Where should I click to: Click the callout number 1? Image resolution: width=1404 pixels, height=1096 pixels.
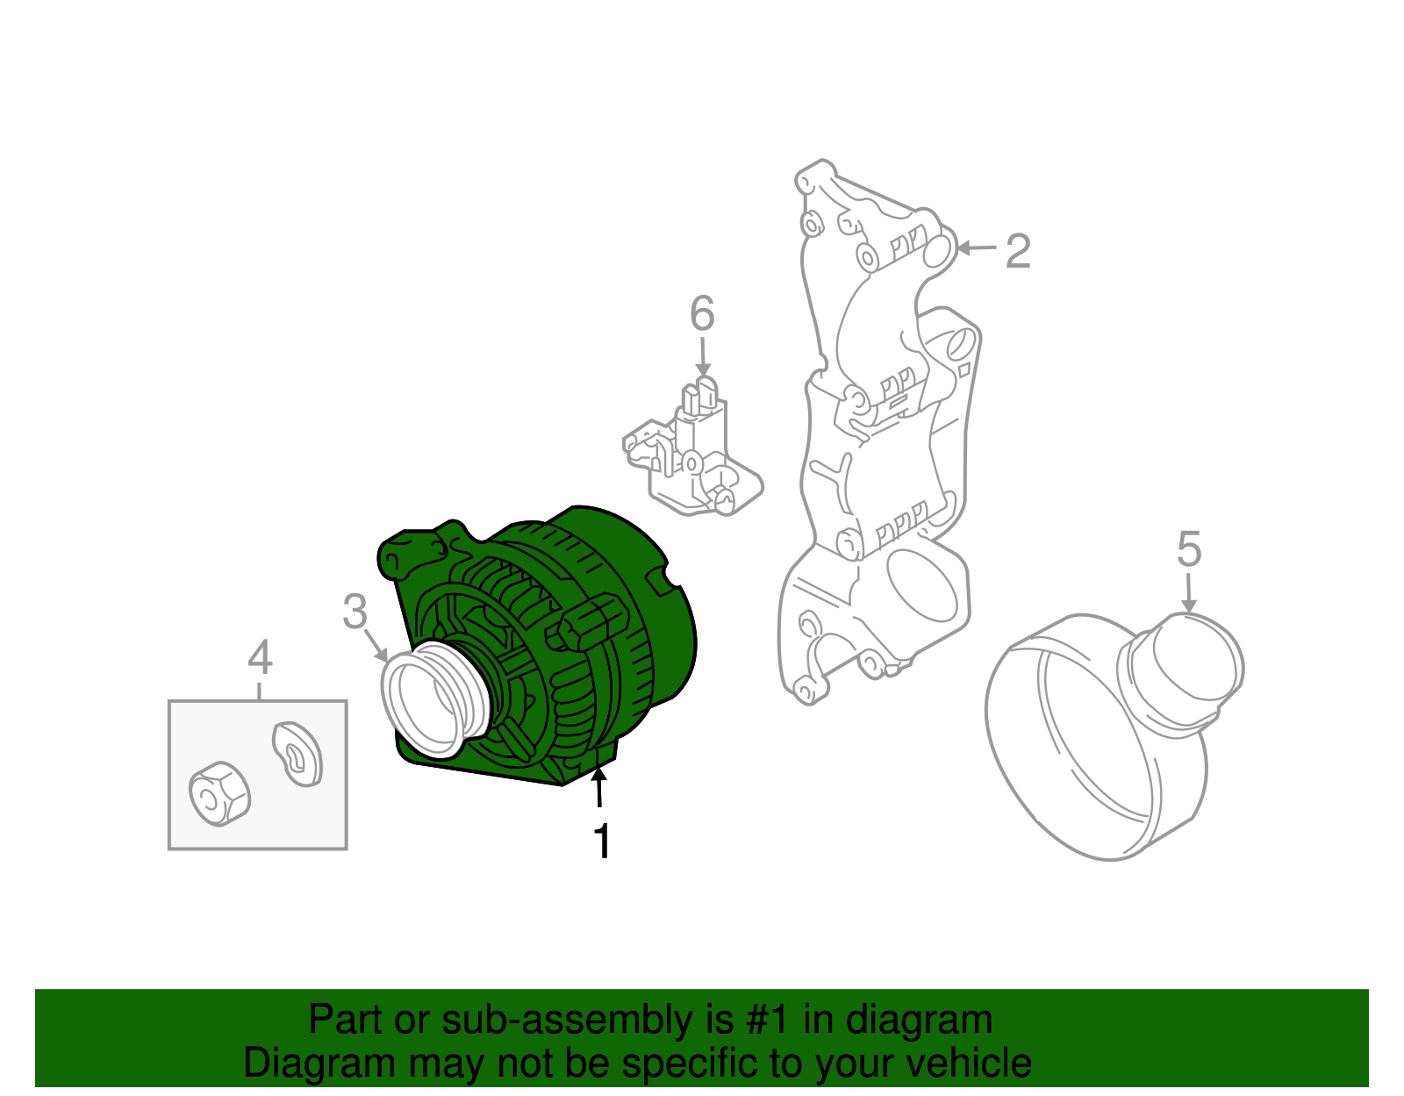tap(602, 842)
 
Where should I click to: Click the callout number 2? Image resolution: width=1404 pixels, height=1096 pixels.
tap(1017, 252)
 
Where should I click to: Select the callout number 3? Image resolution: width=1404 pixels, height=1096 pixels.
tap(355, 612)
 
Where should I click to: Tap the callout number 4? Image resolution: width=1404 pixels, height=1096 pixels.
tap(260, 657)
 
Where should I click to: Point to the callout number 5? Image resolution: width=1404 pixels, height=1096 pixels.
tap(1188, 550)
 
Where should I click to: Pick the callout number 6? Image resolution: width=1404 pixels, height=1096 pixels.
tap(702, 314)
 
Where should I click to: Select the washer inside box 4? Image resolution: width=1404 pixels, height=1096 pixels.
tap(297, 753)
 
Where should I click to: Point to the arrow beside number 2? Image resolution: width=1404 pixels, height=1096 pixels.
tap(976, 249)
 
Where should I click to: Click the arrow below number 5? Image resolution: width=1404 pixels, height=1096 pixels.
tap(1188, 594)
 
